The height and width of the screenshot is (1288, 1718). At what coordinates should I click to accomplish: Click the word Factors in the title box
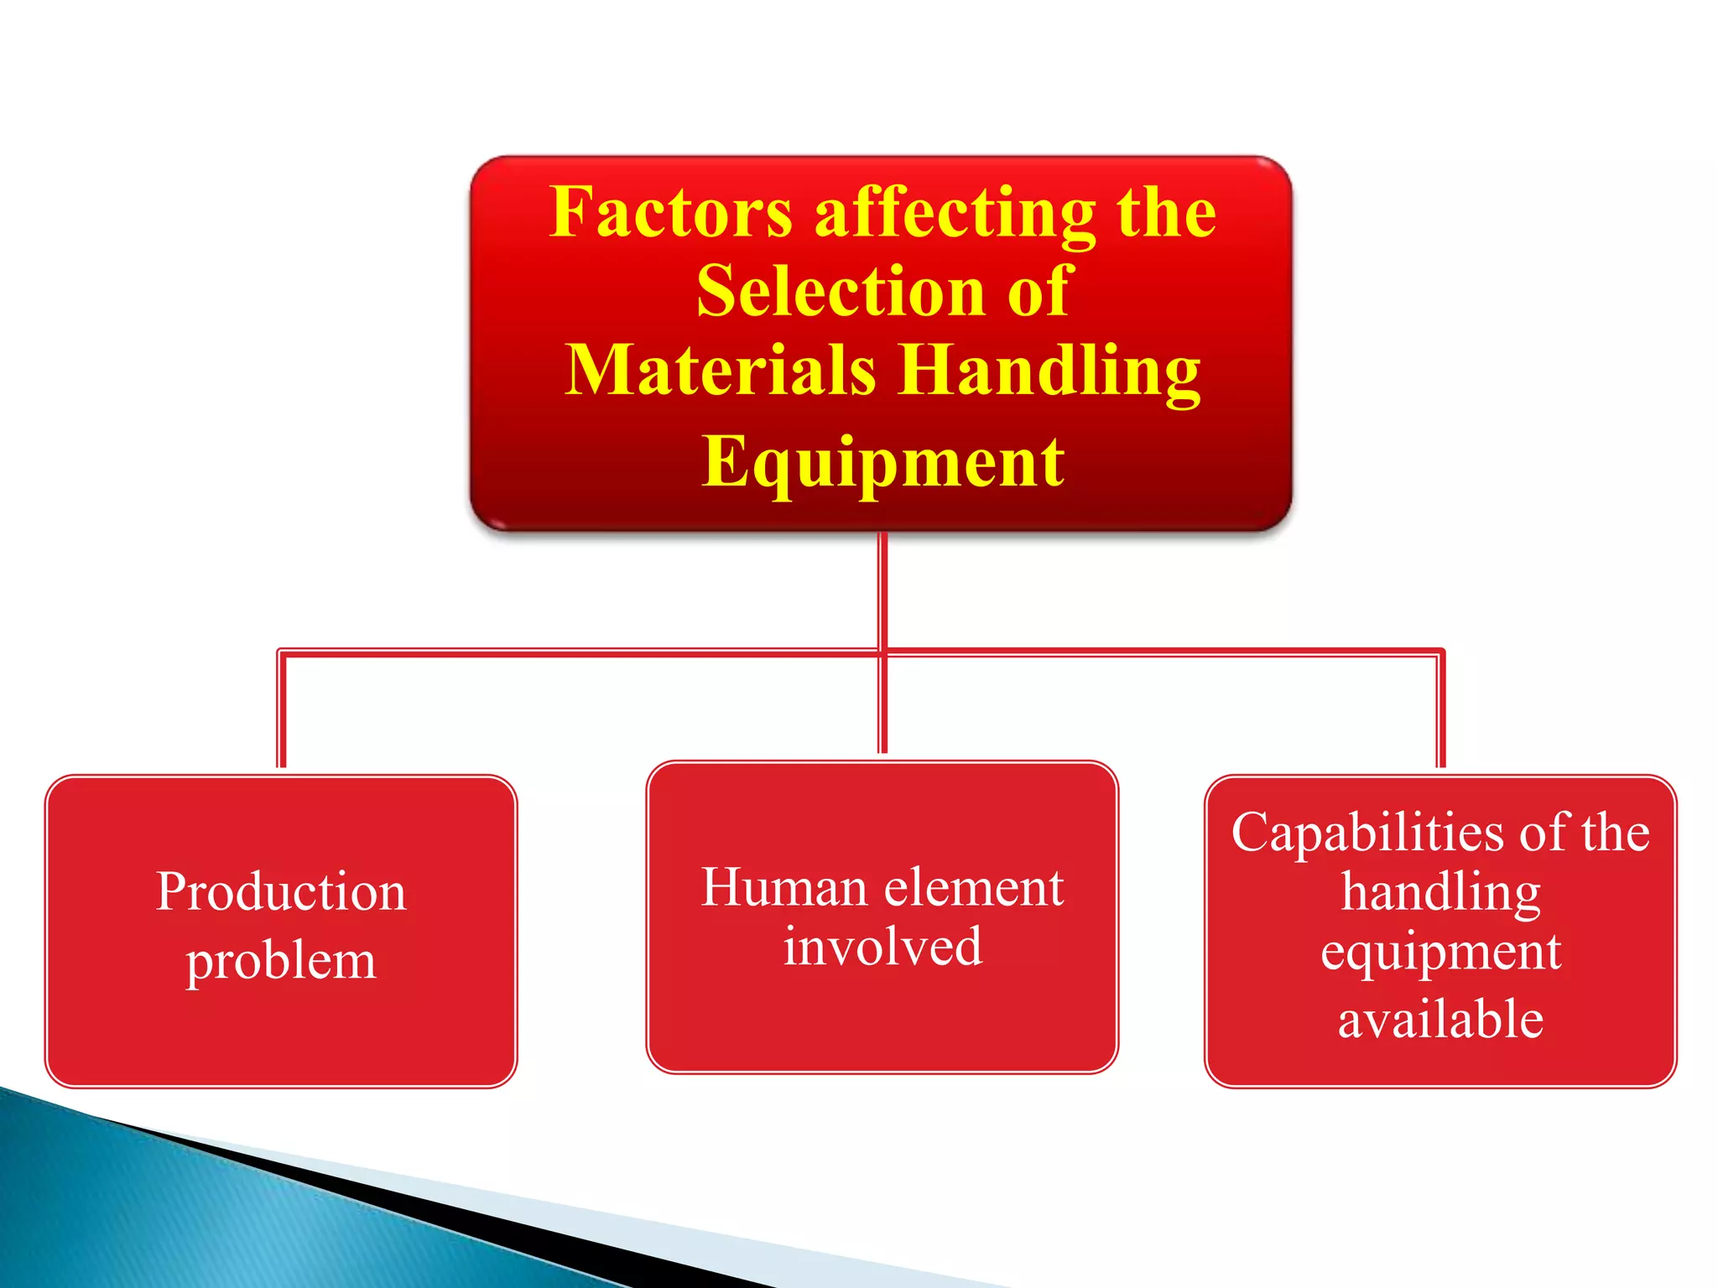670,212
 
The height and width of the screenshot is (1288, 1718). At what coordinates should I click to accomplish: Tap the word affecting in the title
955,214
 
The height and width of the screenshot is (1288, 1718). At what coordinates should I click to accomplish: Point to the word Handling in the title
1050,371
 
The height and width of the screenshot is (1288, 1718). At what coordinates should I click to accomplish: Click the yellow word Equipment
882,462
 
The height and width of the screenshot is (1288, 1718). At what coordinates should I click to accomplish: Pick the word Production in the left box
281,891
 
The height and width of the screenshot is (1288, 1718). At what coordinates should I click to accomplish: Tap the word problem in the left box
281,961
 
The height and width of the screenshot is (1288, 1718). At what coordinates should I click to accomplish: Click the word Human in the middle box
784,887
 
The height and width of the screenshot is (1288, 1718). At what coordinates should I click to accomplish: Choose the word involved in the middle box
882,948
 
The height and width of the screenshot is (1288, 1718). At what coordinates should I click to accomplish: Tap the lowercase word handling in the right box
1440,892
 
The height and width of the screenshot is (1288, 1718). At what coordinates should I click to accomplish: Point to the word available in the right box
1440,1020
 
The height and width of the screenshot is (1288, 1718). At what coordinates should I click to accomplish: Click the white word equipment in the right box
1440,953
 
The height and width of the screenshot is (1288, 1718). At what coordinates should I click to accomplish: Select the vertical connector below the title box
882,587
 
